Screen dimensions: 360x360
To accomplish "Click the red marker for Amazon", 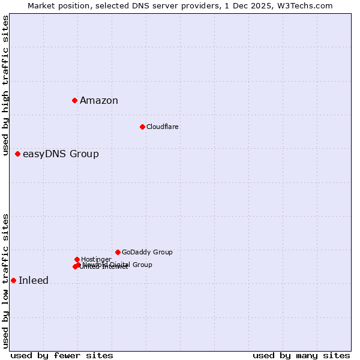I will point(74,100).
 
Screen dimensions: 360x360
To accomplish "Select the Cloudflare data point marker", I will point(142,127).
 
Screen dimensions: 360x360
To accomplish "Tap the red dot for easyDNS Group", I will point(17,154).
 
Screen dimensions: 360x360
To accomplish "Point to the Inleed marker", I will point(13,280).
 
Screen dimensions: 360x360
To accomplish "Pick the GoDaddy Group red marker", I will point(118,252).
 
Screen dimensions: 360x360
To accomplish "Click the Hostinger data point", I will point(77,259).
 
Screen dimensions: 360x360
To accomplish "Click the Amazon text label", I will point(99,101).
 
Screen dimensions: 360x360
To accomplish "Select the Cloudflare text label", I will point(163,127).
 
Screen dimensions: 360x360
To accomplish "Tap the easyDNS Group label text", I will point(61,154).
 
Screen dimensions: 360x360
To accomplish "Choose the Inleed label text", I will point(34,281).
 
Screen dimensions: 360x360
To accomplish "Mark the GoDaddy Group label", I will point(147,253).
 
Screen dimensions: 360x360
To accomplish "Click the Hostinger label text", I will point(96,260).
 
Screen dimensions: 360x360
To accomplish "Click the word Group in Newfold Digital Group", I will point(142,265).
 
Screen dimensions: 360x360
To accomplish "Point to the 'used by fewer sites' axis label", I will point(62,355).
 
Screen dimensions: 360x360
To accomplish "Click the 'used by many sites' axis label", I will point(301,355).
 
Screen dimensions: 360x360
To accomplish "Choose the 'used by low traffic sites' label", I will point(5,281).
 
